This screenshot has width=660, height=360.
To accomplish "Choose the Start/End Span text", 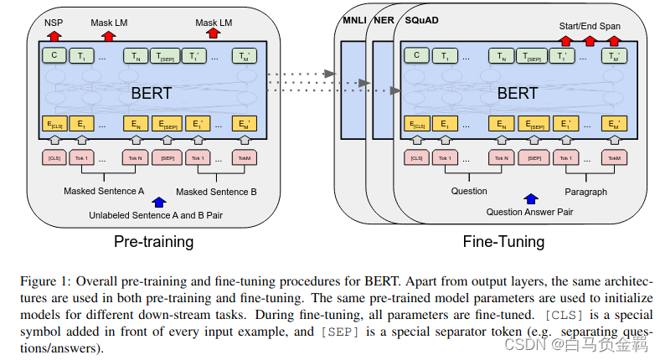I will pos(590,26).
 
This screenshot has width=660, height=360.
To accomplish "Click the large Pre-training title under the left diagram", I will pos(153,242).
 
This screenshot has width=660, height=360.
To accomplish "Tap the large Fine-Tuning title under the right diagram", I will pos(503,242).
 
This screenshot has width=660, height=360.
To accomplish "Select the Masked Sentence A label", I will pos(104,192).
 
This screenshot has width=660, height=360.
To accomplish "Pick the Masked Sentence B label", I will pos(216,193).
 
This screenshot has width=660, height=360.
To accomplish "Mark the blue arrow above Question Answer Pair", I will pos(529,199).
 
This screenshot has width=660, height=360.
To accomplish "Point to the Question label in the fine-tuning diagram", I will pos(469,191).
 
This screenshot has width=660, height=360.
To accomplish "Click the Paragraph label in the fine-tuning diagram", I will pos(586,192).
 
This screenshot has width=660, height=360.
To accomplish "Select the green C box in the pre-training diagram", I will pos(54,56).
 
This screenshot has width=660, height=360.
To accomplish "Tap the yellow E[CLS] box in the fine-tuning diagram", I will pos(416,125).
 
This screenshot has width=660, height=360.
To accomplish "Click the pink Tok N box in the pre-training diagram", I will pos(136,157).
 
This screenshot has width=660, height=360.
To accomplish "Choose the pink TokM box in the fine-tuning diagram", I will pos(613,157).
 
